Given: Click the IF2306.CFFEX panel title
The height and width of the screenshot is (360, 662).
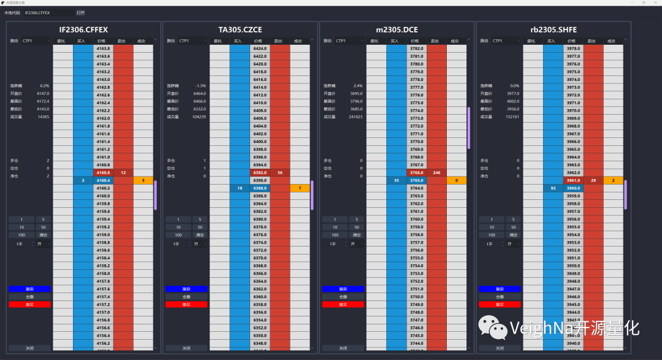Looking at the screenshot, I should click(84, 29).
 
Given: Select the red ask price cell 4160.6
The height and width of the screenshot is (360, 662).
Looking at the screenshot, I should click(103, 172).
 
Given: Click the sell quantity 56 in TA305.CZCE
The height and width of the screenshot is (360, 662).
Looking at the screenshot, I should click(280, 172).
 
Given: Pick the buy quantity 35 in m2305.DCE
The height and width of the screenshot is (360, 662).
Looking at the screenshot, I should click(397, 180).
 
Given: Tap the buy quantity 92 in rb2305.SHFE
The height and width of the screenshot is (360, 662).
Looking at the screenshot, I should click(553, 188).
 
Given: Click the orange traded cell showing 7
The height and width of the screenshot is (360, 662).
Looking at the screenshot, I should click(300, 188).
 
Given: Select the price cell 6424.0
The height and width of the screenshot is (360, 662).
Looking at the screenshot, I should click(260, 48).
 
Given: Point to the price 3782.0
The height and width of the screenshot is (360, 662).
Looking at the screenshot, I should click(417, 48).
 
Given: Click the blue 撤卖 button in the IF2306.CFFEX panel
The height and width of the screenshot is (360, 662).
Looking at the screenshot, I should click(29, 289).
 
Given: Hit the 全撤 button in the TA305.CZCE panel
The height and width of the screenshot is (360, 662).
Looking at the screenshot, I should click(186, 297).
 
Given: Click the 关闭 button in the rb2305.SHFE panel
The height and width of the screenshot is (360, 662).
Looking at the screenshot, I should click(500, 348).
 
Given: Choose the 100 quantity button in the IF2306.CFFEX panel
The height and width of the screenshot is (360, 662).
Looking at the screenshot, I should click(22, 235).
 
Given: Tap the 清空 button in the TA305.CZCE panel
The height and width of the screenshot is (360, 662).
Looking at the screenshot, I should click(200, 235).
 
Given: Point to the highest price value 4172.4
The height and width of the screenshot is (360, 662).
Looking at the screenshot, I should click(42, 101).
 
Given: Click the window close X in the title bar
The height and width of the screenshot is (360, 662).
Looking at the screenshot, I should click(653, 3).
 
